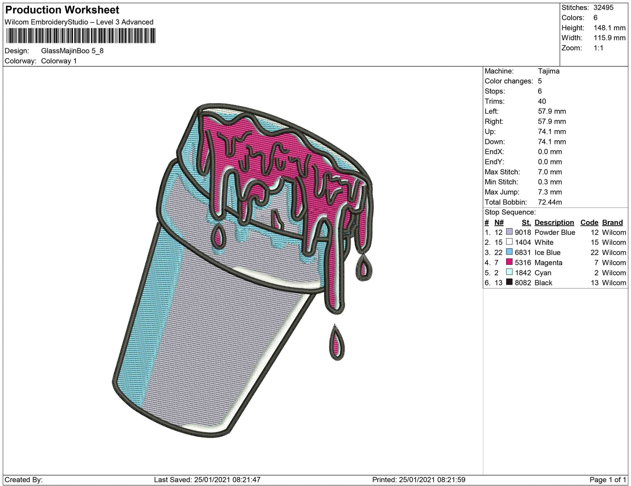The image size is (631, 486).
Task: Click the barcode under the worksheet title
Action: [81, 36]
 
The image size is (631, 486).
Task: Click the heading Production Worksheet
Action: [62, 10]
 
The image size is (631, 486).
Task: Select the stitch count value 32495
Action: [603, 7]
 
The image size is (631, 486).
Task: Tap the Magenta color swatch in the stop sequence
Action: [509, 262]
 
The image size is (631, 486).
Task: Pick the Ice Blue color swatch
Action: [509, 252]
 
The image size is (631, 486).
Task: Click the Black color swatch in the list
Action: [509, 282]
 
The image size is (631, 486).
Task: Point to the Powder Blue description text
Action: [555, 233]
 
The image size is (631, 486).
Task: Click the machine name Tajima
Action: [548, 71]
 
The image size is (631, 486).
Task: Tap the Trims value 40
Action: [542, 101]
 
